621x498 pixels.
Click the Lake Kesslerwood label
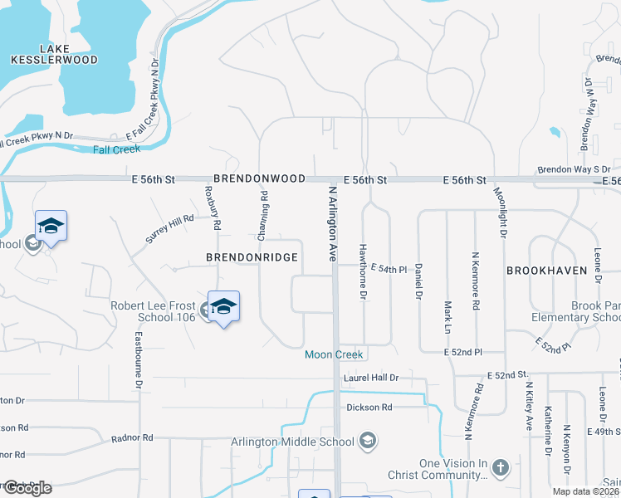pos(54,53)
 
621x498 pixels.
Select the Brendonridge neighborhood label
pos(252,258)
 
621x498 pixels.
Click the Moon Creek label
pos(334,355)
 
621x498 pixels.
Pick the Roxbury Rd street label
pos(213,207)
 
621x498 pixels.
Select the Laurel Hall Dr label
pos(372,378)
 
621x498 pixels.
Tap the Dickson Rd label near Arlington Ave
pos(369,408)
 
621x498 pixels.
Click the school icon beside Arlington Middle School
pos(368,440)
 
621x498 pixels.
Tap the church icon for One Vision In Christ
pos(500,467)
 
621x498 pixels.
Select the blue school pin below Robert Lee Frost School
pos(223,307)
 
